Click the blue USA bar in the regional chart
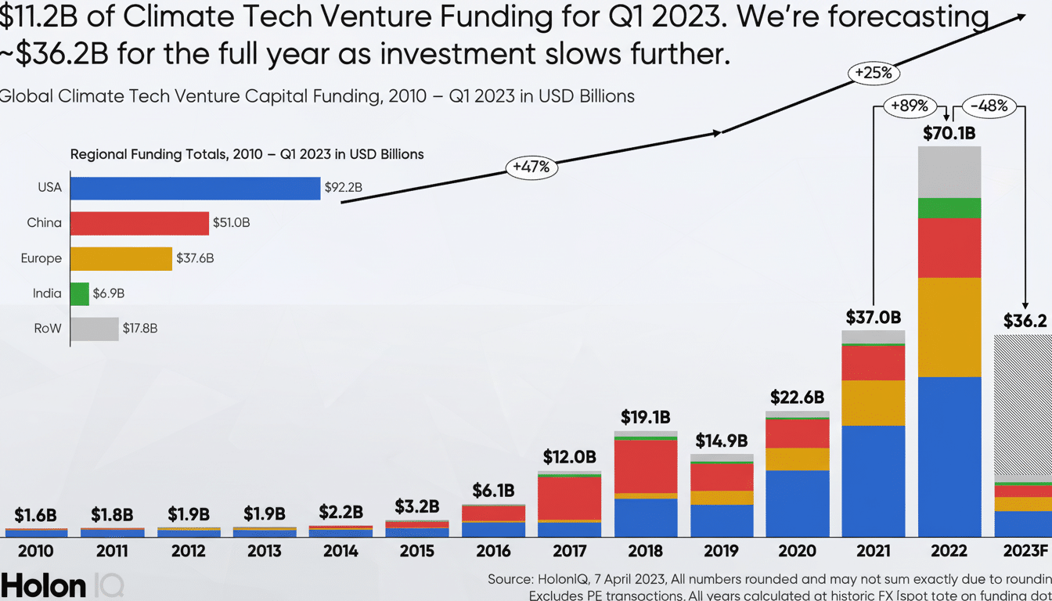[x=195, y=188]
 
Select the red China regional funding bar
[x=139, y=223]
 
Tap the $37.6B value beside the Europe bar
[x=195, y=258]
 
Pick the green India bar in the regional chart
[x=79, y=293]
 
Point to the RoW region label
[x=48, y=329]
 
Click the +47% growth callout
[x=532, y=167]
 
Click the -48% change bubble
[x=988, y=106]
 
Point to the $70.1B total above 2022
[x=949, y=133]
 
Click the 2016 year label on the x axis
[x=493, y=551]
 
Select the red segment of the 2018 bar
[x=646, y=466]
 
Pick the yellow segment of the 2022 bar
[x=949, y=327]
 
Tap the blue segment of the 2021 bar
[x=873, y=480]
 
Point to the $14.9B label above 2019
[x=722, y=441]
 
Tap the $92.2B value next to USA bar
[x=344, y=188]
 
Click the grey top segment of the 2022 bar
[x=949, y=171]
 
